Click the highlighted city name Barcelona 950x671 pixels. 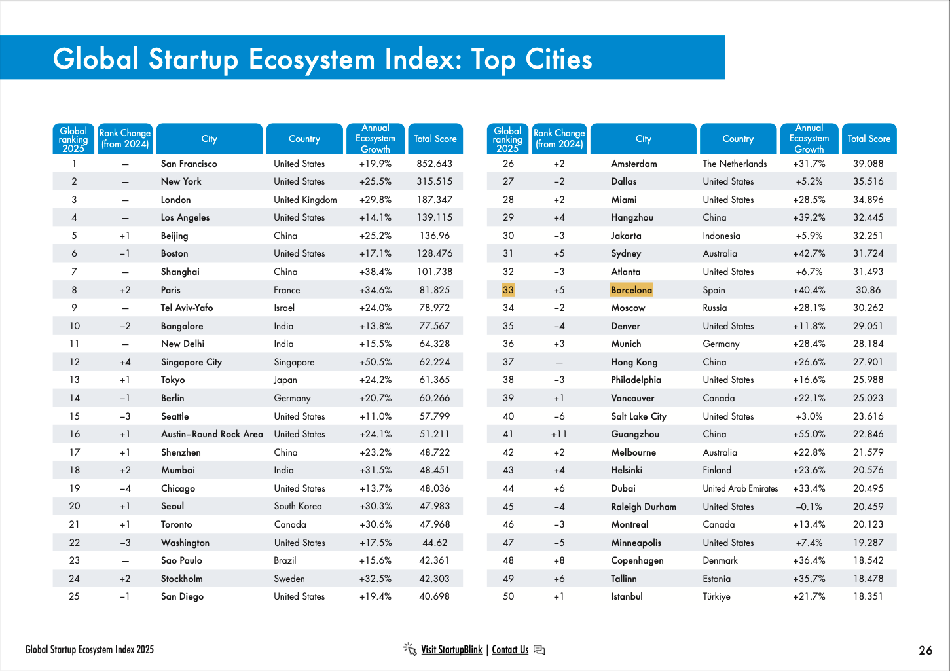[631, 290]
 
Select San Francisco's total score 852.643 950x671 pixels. [435, 164]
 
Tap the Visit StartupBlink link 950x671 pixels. [451, 649]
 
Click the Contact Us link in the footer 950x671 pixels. [510, 649]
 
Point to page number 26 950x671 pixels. [925, 650]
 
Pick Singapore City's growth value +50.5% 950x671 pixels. [375, 362]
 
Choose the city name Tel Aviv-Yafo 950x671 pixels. [187, 308]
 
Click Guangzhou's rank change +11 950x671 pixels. [558, 434]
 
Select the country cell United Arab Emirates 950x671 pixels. [740, 488]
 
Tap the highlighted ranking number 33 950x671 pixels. [508, 290]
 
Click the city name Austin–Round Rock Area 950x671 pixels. [212, 434]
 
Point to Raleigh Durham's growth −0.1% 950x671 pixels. [809, 507]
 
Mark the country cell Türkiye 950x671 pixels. [716, 596]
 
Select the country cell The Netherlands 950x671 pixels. [735, 164]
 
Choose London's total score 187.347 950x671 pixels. [435, 200]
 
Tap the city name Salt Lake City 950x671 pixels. [638, 416]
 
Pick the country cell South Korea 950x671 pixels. [298, 506]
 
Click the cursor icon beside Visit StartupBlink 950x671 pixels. [410, 649]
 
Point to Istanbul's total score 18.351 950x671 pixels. [868, 596]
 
